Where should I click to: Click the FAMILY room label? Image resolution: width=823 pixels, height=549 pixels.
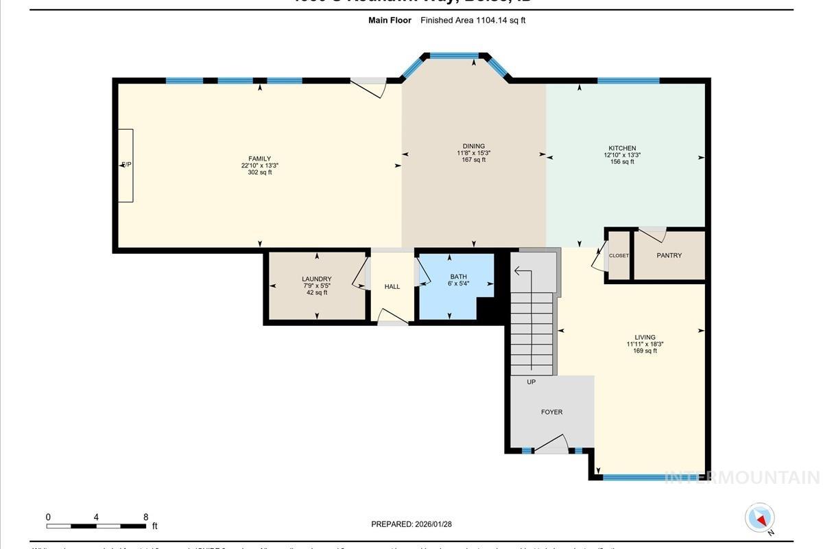(259, 159)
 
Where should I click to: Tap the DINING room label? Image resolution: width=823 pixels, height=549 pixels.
(473, 146)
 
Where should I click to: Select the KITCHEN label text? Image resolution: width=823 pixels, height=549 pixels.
(622, 148)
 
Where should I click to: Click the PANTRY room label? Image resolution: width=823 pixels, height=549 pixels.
(669, 255)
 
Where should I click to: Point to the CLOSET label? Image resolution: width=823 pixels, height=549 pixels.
(619, 255)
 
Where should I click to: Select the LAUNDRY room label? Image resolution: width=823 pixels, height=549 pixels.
(316, 279)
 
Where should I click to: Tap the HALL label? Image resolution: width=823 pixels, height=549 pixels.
(392, 287)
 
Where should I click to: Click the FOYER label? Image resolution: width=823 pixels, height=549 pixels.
(551, 412)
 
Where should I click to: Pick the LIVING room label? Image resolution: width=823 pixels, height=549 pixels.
(645, 337)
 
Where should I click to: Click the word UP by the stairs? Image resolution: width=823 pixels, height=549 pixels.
(531, 382)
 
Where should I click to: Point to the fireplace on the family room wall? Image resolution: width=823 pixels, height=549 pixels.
(126, 165)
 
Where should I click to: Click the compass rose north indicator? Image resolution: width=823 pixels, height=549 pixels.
(759, 517)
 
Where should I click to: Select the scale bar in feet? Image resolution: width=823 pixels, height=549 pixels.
(96, 526)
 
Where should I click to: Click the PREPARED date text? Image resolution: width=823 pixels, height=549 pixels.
(411, 524)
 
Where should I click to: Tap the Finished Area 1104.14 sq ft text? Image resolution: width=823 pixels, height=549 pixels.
(473, 21)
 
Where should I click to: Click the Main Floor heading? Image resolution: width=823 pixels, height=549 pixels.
(390, 21)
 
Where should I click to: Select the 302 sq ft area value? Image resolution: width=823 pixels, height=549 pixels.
(259, 172)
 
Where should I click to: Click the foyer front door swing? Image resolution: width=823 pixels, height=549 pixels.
(552, 445)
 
